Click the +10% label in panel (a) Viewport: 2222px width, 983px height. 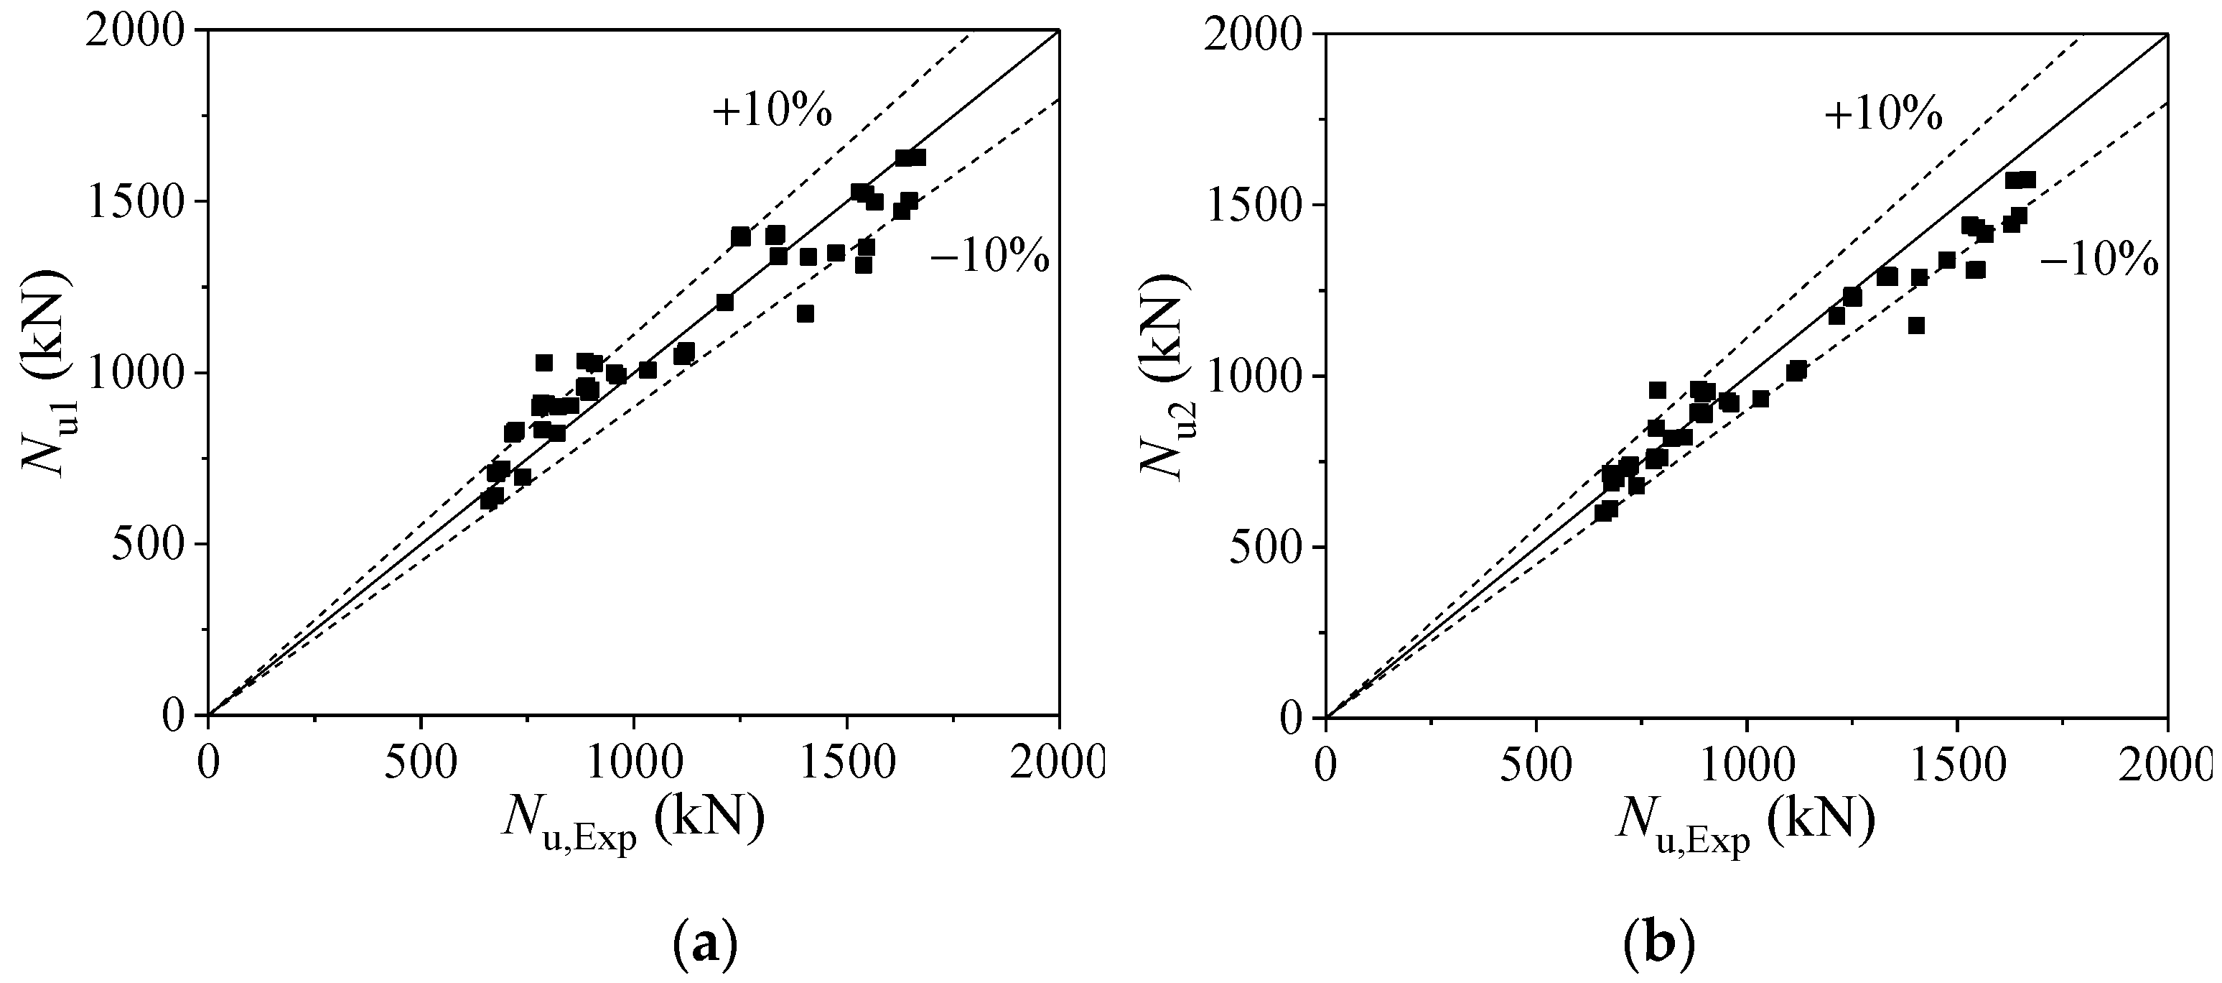click(771, 111)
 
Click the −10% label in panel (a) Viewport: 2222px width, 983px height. click(989, 257)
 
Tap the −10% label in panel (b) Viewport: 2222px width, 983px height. click(2099, 261)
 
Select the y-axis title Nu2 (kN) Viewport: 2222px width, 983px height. click(1159, 374)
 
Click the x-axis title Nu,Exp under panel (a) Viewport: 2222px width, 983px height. click(632, 821)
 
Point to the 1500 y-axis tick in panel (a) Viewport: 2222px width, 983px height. click(147, 202)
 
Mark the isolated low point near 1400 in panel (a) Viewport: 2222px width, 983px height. click(805, 313)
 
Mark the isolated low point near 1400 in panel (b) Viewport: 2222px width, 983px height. click(1917, 326)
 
